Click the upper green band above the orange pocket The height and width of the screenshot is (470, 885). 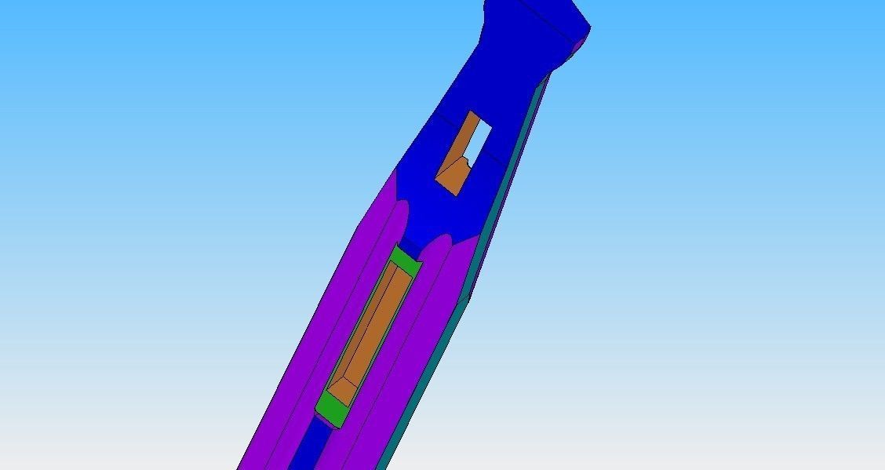(x=406, y=260)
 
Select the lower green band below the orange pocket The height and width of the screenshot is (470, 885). (x=331, y=410)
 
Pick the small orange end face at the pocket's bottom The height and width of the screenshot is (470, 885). (x=343, y=385)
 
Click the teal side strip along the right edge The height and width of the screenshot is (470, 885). (x=502, y=196)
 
